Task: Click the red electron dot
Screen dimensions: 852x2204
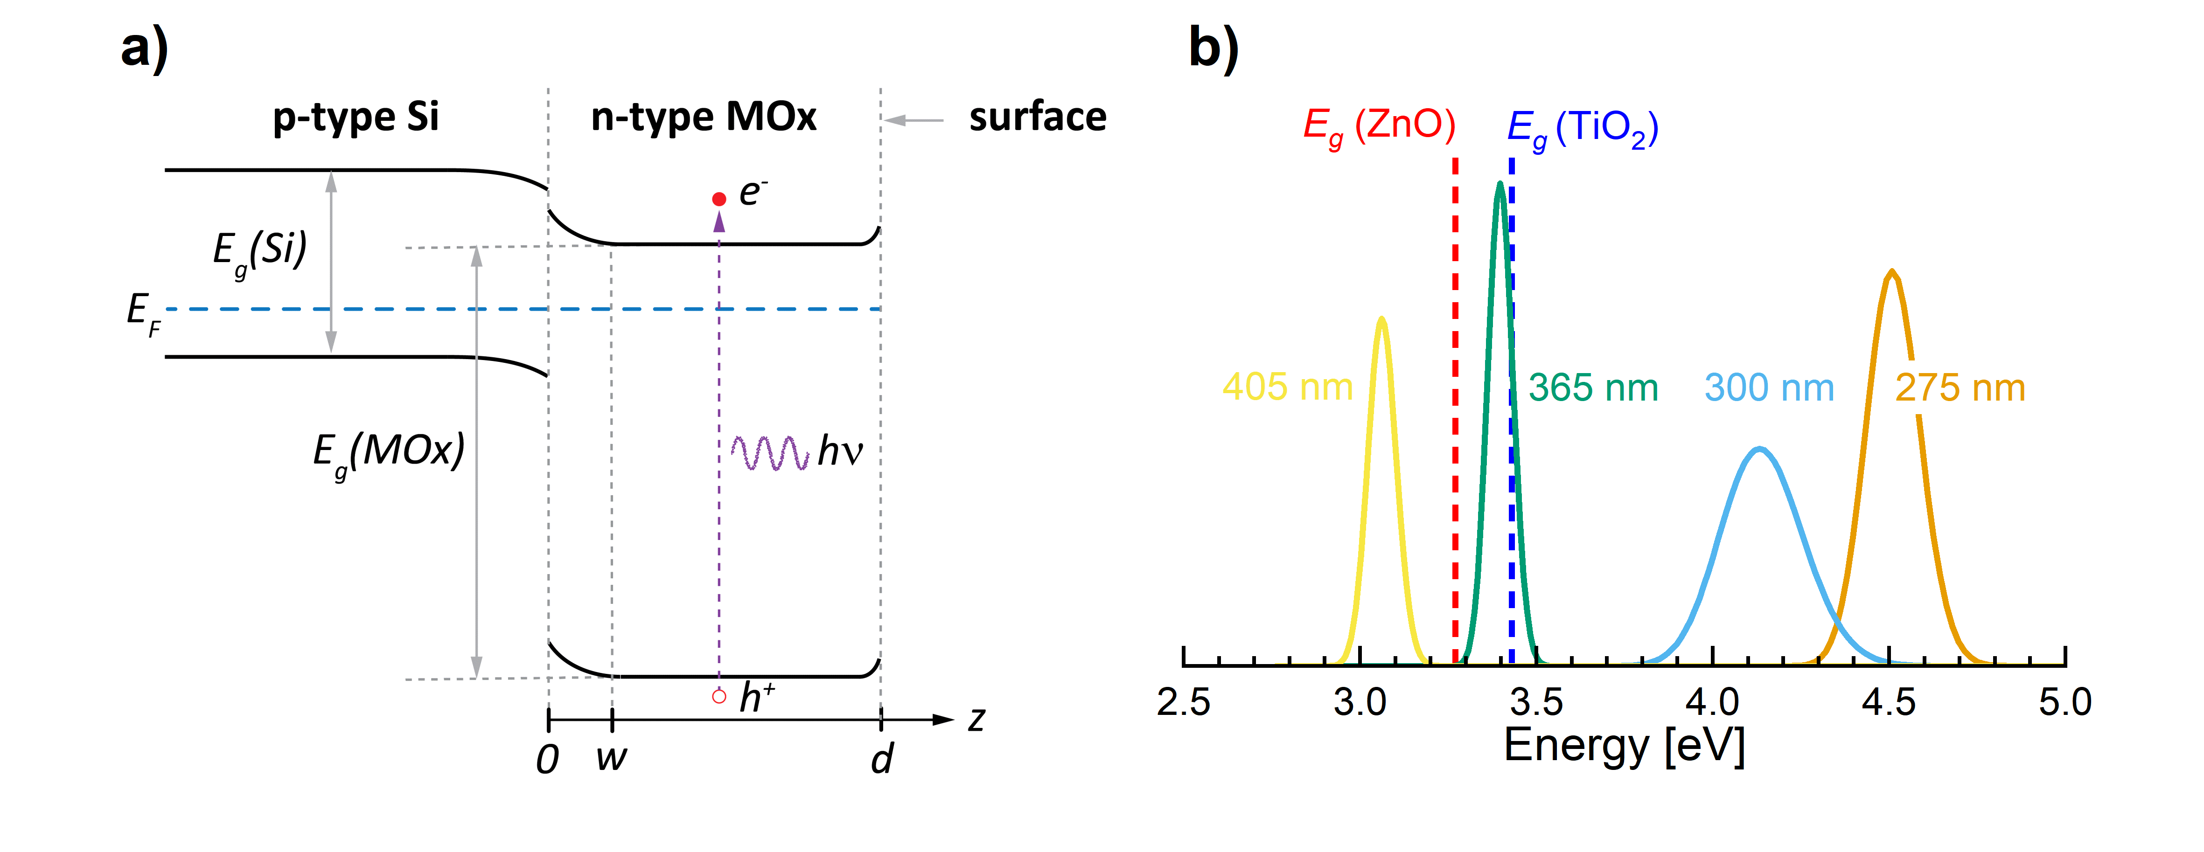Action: [x=718, y=199]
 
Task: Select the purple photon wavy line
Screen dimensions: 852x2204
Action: [x=769, y=452]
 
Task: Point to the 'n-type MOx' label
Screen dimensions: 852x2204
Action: [x=703, y=117]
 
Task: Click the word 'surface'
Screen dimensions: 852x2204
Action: [x=1037, y=117]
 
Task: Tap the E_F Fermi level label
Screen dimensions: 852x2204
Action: [x=142, y=313]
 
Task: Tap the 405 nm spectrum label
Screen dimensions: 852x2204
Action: [x=1287, y=388]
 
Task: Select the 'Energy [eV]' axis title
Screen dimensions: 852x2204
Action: [x=1624, y=746]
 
